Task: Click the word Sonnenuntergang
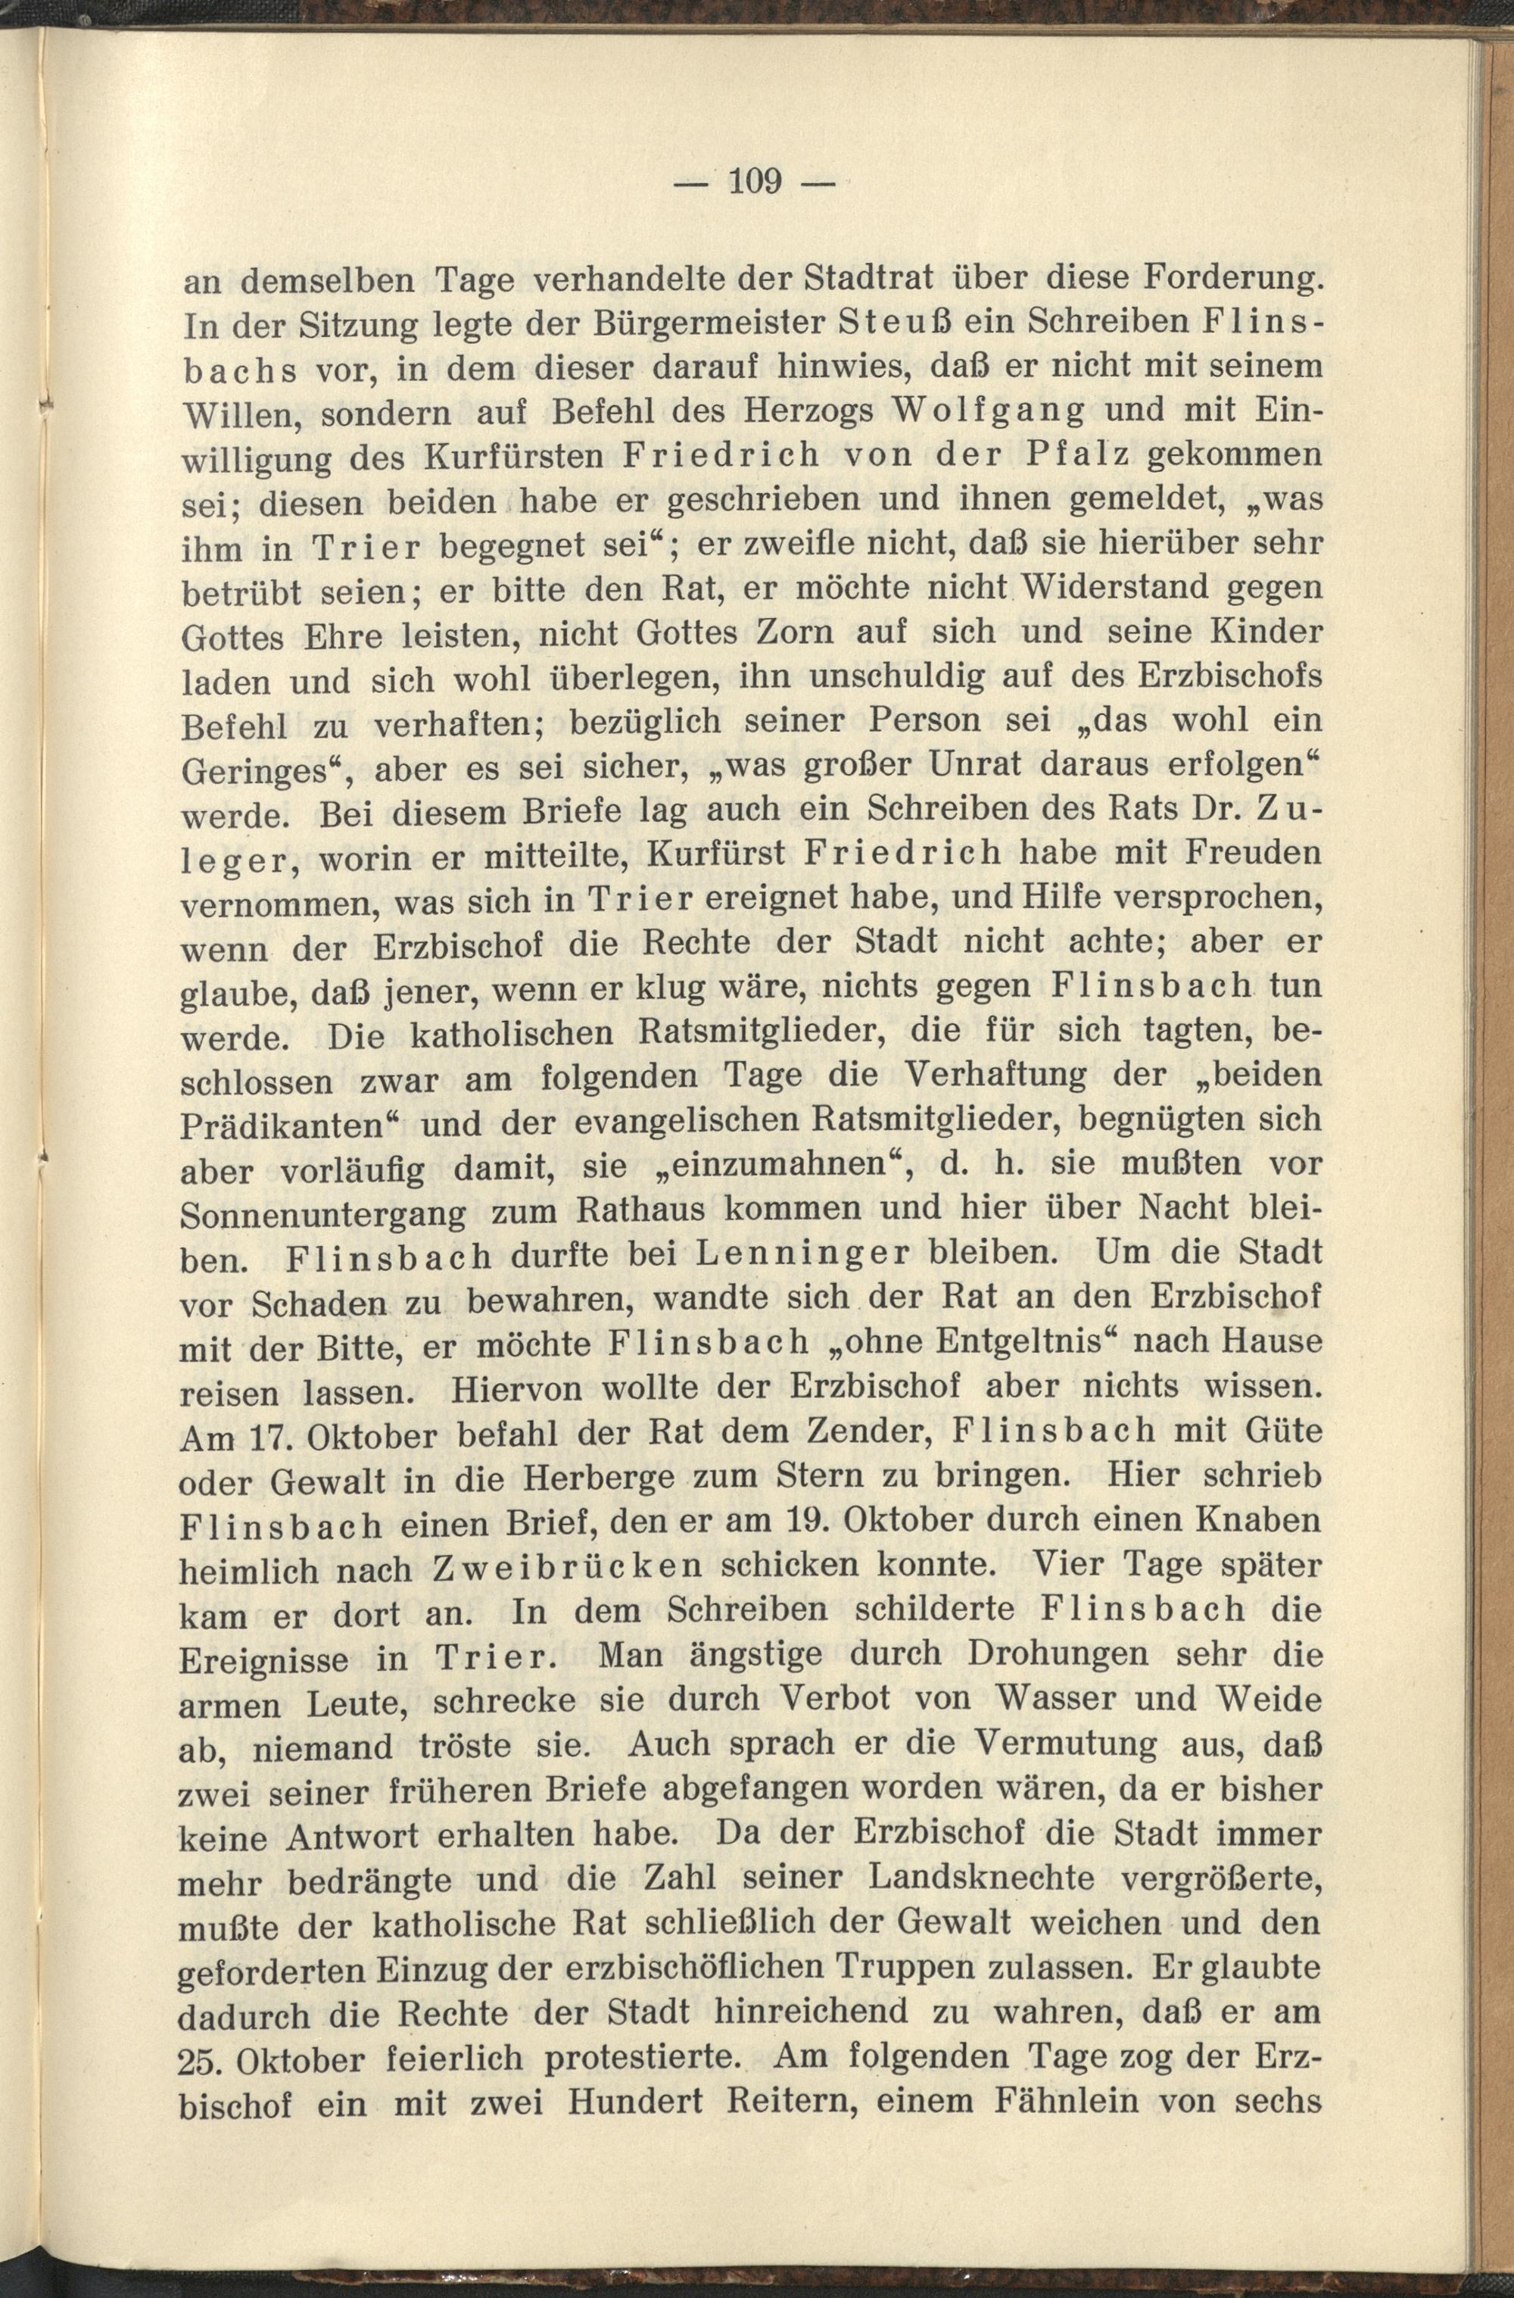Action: click(322, 1213)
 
